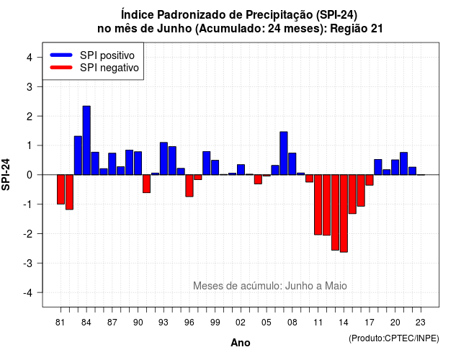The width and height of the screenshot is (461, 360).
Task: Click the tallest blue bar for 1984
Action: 86,140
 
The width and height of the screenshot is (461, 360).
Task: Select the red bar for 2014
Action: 344,213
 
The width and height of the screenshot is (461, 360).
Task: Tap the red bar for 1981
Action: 61,189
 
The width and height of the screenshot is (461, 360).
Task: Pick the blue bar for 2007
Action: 284,153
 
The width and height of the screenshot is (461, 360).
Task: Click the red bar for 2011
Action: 318,204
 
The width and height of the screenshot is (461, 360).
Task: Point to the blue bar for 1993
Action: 164,158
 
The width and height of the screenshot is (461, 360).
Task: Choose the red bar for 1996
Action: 189,186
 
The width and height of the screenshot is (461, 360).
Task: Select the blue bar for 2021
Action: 403,163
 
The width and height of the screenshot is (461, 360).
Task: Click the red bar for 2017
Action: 370,180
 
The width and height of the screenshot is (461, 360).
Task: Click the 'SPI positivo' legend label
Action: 107,55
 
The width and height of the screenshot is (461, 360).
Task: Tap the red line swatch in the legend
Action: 61,68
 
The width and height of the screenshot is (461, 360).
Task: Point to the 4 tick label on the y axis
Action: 30,58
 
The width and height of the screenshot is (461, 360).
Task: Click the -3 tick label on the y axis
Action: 28,263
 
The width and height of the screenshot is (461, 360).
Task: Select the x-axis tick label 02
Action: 241,323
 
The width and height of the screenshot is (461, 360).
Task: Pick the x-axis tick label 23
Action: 421,323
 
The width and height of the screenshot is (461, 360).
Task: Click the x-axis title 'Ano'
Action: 241,343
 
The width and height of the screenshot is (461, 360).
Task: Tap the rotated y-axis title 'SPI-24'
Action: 6,174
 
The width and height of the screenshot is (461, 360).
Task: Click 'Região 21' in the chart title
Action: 357,29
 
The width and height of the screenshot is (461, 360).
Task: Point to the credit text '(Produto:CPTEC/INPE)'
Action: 394,338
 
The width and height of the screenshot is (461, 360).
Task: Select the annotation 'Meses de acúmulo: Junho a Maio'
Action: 270,286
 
